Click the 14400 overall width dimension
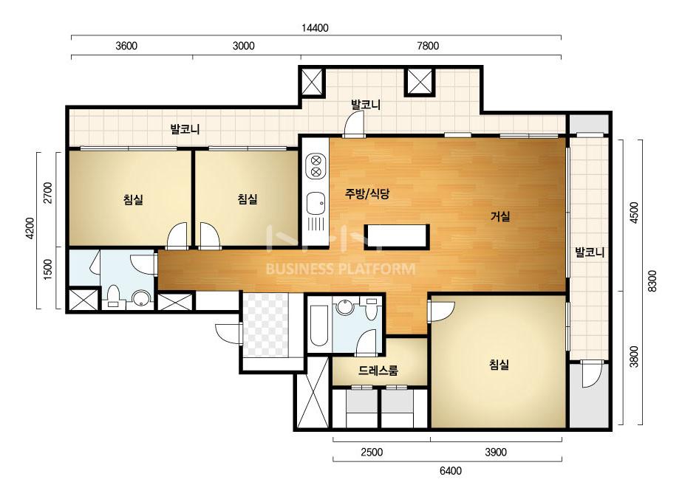[315, 28]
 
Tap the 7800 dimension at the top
[428, 46]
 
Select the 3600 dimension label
[126, 46]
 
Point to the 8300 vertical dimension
[652, 281]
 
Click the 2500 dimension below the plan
[372, 452]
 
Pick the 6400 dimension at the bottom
[451, 471]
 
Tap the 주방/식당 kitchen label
[366, 193]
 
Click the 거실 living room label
[500, 216]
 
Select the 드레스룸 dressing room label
[378, 371]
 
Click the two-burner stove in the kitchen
[316, 167]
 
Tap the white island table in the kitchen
[397, 237]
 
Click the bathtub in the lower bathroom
[318, 325]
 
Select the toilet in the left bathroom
[114, 295]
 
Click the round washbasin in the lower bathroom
[344, 307]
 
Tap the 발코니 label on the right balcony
[590, 252]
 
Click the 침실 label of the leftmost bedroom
[133, 200]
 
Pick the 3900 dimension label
[496, 452]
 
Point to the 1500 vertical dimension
[48, 269]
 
